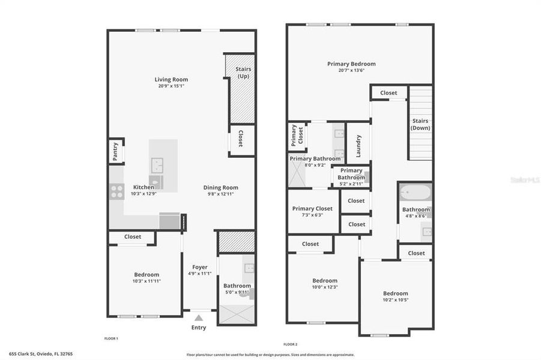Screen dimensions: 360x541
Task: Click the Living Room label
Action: (171, 79)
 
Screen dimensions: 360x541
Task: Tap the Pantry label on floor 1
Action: (115, 151)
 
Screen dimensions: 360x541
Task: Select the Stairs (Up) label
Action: (243, 73)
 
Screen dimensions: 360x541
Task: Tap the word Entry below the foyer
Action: (199, 328)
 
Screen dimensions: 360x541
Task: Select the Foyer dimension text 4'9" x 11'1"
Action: (200, 274)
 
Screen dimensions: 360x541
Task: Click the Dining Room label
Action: (220, 187)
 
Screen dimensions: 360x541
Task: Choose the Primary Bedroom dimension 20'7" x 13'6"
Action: (351, 70)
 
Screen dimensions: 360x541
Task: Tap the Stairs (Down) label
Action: (420, 124)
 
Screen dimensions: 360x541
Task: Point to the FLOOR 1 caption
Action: (111, 338)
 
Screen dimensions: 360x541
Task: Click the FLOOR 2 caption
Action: (291, 344)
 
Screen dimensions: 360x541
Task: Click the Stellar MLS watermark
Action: (524, 179)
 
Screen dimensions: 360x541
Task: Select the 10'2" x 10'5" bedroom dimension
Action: (396, 300)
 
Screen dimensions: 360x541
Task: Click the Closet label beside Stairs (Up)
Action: (241, 139)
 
